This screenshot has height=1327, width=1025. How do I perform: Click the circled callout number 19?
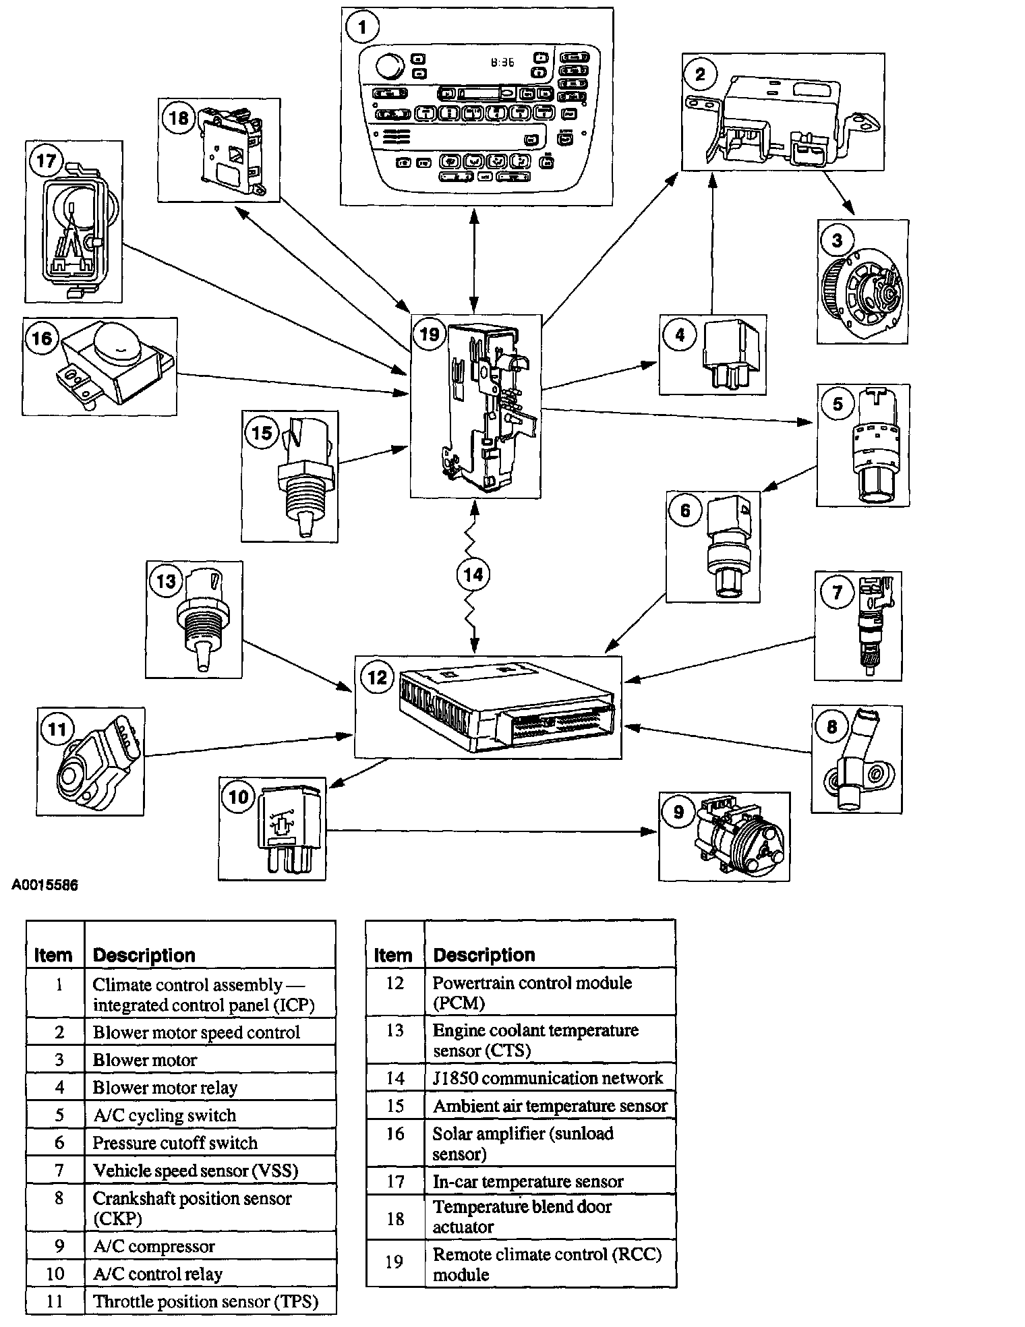point(429,334)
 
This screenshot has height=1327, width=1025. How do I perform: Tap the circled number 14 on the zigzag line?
point(473,574)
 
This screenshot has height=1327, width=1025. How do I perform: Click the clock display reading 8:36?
point(502,62)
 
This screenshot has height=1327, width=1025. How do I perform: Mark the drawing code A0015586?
point(45,885)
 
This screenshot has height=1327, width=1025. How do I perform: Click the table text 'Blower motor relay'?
point(165,1088)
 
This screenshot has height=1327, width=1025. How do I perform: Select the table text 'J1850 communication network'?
point(548,1078)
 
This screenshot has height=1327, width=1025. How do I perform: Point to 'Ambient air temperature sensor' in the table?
point(550,1107)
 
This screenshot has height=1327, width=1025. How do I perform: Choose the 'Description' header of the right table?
point(484,955)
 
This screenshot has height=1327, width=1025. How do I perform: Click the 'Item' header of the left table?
point(53,955)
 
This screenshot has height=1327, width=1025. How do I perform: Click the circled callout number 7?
point(837,592)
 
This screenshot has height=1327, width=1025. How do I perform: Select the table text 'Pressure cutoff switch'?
point(175,1143)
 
